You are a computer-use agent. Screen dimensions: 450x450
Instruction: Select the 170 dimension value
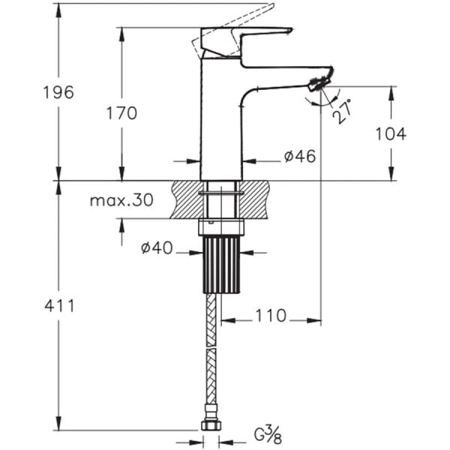(x=122, y=112)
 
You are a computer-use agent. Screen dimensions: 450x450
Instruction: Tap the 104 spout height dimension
(x=391, y=133)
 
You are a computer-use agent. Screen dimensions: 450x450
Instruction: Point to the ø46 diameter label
(x=299, y=156)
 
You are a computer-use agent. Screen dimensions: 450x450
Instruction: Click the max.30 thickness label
(x=121, y=200)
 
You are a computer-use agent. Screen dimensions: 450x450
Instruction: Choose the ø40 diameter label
(x=157, y=248)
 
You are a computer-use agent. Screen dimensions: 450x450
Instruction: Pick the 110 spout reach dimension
(x=270, y=316)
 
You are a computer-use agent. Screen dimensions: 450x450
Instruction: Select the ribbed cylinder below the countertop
(x=221, y=264)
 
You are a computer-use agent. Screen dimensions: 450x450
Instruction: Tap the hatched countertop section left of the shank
(x=186, y=199)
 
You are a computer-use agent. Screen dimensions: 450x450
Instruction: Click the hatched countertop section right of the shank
(x=256, y=199)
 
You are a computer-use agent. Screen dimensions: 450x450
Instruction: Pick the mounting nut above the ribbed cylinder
(x=221, y=227)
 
